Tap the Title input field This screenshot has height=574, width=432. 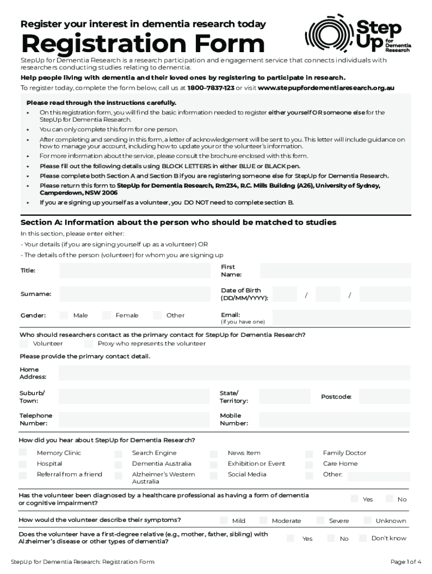[x=135, y=271]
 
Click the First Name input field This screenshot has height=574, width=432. [x=330, y=271]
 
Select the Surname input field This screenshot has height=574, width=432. [x=135, y=294]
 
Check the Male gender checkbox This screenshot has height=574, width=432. [x=64, y=315]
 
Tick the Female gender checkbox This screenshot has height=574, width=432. [x=106, y=315]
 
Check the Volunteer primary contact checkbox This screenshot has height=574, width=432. [x=24, y=344]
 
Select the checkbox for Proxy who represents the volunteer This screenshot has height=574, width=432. [x=88, y=344]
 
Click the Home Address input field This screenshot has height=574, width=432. [x=234, y=373]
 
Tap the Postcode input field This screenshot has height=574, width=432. [x=384, y=397]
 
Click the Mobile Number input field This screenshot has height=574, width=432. [x=330, y=419]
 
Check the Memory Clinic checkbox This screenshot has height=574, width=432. [x=23, y=452]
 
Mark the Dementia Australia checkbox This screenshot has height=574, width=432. [x=118, y=464]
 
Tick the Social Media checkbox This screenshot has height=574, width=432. [x=214, y=475]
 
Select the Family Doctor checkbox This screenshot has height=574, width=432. [x=309, y=453]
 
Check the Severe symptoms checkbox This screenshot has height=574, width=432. [x=320, y=520]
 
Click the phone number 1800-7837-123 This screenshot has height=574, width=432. [x=210, y=88]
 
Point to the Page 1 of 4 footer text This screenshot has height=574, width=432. [x=406, y=562]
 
